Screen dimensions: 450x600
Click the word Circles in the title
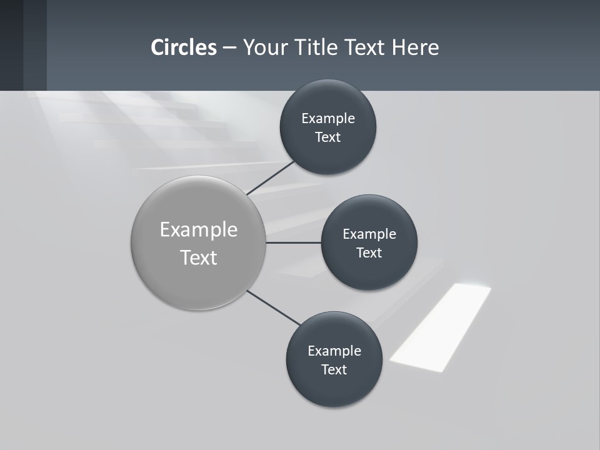[x=184, y=47]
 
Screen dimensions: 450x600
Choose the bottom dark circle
[x=334, y=387]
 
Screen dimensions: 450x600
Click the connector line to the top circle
[x=271, y=177]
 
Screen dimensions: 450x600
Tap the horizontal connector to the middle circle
[x=294, y=242]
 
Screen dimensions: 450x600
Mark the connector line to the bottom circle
[x=274, y=307]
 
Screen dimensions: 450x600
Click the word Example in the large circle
[x=199, y=230]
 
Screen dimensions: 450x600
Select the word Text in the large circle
[x=199, y=257]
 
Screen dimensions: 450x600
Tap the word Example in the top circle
[x=328, y=119]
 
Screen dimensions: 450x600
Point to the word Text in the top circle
[x=328, y=137]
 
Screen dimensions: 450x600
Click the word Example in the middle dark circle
[x=369, y=234]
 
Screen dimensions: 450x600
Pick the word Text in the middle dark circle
[x=369, y=253]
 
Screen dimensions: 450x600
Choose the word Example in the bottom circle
[x=334, y=351]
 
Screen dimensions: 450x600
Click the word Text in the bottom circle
[x=334, y=370]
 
